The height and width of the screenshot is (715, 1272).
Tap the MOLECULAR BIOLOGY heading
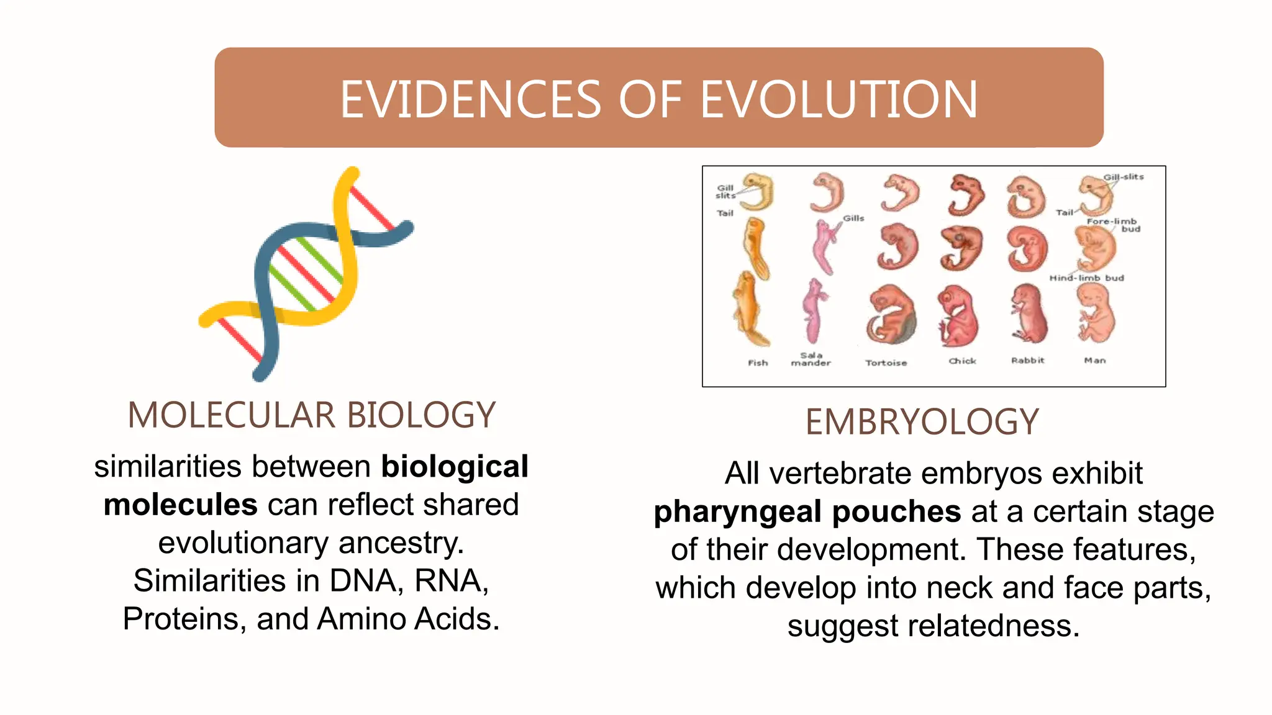[312, 415]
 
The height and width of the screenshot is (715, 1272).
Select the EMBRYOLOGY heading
[922, 422]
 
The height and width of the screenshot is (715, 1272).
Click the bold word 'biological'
[455, 467]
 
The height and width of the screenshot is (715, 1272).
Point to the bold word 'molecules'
[180, 505]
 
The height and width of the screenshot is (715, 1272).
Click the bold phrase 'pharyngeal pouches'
[807, 512]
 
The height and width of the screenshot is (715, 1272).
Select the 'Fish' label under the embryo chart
[758, 363]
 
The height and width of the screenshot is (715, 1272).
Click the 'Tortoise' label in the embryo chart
[886, 363]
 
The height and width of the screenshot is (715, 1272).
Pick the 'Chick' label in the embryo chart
[962, 361]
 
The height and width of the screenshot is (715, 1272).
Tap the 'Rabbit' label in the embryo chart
[1028, 361]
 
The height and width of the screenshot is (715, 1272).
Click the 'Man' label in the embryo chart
[1095, 361]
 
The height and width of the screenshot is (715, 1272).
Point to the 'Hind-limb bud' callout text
[1087, 278]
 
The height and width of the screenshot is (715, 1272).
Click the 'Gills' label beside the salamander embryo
[853, 218]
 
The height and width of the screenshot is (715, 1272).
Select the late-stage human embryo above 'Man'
[1095, 313]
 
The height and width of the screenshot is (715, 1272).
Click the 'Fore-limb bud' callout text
[1113, 225]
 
